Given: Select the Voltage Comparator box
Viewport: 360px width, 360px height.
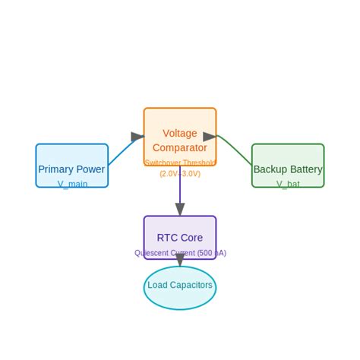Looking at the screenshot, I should pyautogui.click(x=179, y=125).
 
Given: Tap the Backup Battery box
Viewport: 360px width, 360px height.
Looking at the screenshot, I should pyautogui.click(x=288, y=161).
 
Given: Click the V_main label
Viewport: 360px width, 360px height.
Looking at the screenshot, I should pyautogui.click(x=72, y=184).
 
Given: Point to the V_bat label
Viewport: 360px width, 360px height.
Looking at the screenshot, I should pyautogui.click(x=288, y=184).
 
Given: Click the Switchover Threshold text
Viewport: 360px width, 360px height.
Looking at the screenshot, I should pyautogui.click(x=179, y=163).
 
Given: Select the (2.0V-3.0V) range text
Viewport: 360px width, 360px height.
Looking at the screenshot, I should pyautogui.click(x=179, y=173).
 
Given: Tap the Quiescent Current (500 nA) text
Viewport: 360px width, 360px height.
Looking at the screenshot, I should pyautogui.click(x=180, y=253).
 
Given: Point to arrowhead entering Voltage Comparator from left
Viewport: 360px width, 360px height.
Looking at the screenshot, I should pyautogui.click(x=137, y=137).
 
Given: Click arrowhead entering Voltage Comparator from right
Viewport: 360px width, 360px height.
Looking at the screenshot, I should pyautogui.click(x=210, y=137).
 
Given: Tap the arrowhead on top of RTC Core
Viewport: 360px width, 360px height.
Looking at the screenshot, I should pyautogui.click(x=180, y=210).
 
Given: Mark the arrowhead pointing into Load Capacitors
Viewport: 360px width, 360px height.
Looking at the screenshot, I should pyautogui.click(x=180, y=261).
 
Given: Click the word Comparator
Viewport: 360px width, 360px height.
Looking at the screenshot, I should pyautogui.click(x=179, y=147).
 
